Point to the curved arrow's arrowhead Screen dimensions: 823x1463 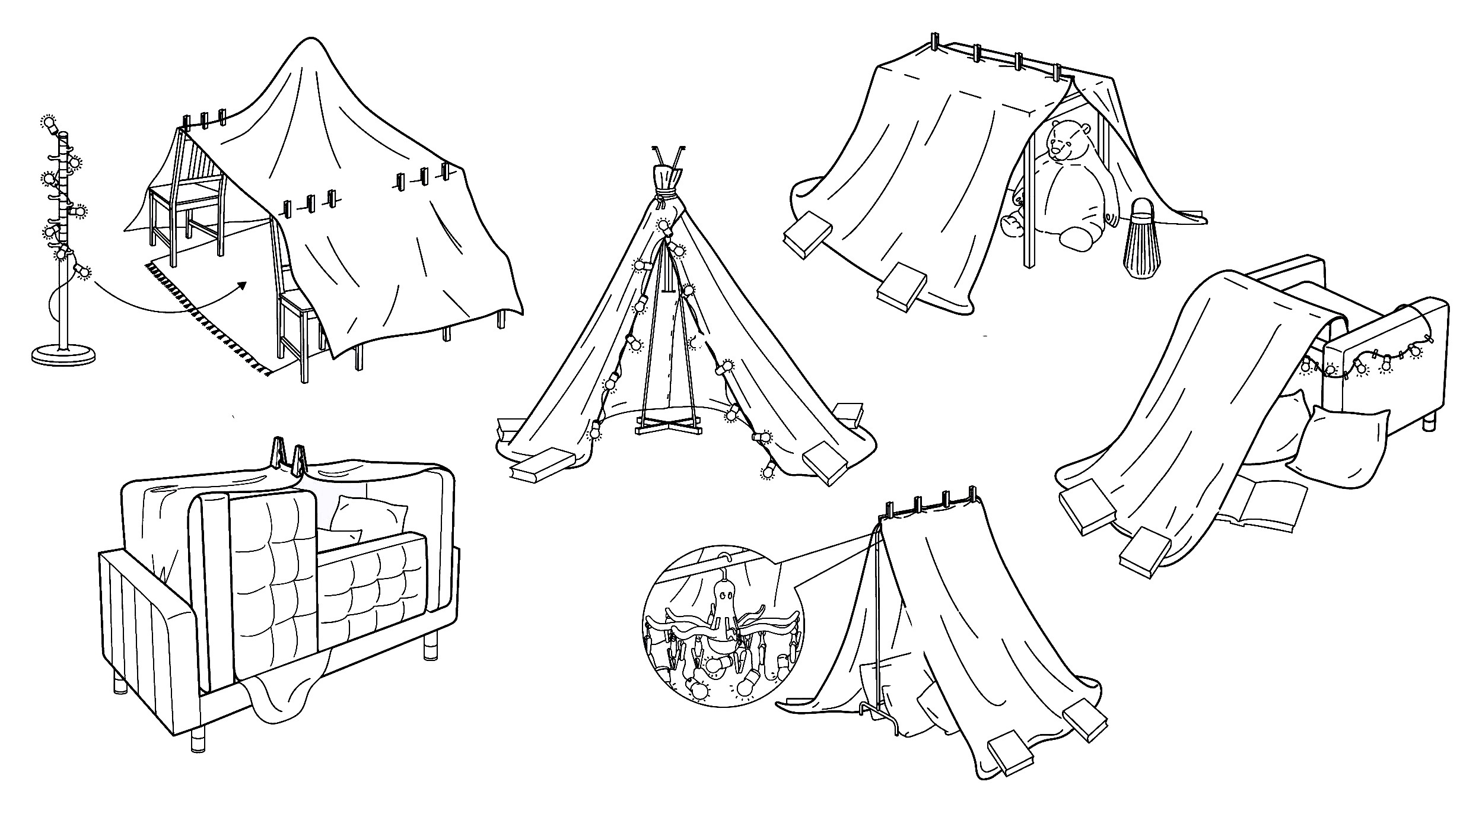(242, 285)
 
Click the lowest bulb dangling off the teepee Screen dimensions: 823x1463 (769, 472)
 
